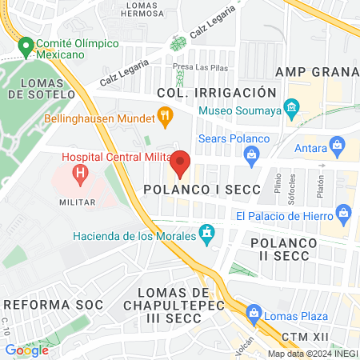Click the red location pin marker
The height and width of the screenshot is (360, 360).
point(180,162)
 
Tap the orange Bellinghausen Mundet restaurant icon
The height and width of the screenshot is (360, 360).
point(166,116)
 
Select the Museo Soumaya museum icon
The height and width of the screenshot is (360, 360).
point(292,106)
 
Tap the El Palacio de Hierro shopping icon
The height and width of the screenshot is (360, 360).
point(344,213)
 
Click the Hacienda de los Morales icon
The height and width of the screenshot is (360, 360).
point(208,234)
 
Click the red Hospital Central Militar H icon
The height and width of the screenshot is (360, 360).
point(80,172)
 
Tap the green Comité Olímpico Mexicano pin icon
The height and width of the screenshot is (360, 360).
point(26,46)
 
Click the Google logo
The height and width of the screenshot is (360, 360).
point(26,350)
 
